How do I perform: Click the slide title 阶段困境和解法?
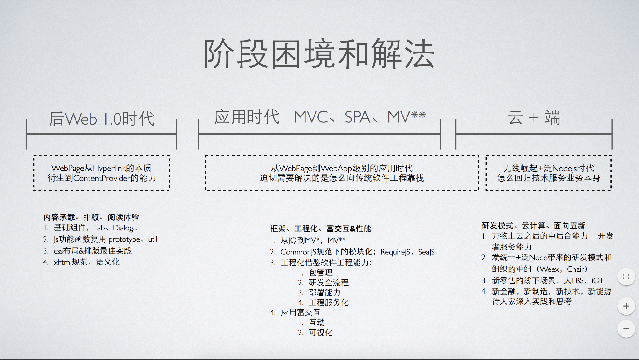click(319, 54)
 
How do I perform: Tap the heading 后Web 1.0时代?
click(102, 119)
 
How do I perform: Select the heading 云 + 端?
click(534, 118)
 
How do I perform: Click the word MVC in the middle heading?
click(311, 117)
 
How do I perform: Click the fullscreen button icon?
click(626, 277)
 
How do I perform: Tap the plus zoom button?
click(626, 306)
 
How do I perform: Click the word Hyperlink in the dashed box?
click(109, 168)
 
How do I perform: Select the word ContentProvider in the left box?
click(101, 178)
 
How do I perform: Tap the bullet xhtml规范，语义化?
click(86, 262)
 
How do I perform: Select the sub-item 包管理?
click(320, 273)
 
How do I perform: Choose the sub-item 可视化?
click(320, 333)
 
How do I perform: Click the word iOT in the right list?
click(597, 280)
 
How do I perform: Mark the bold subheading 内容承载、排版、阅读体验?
click(91, 217)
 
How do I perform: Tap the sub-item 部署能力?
click(324, 293)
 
